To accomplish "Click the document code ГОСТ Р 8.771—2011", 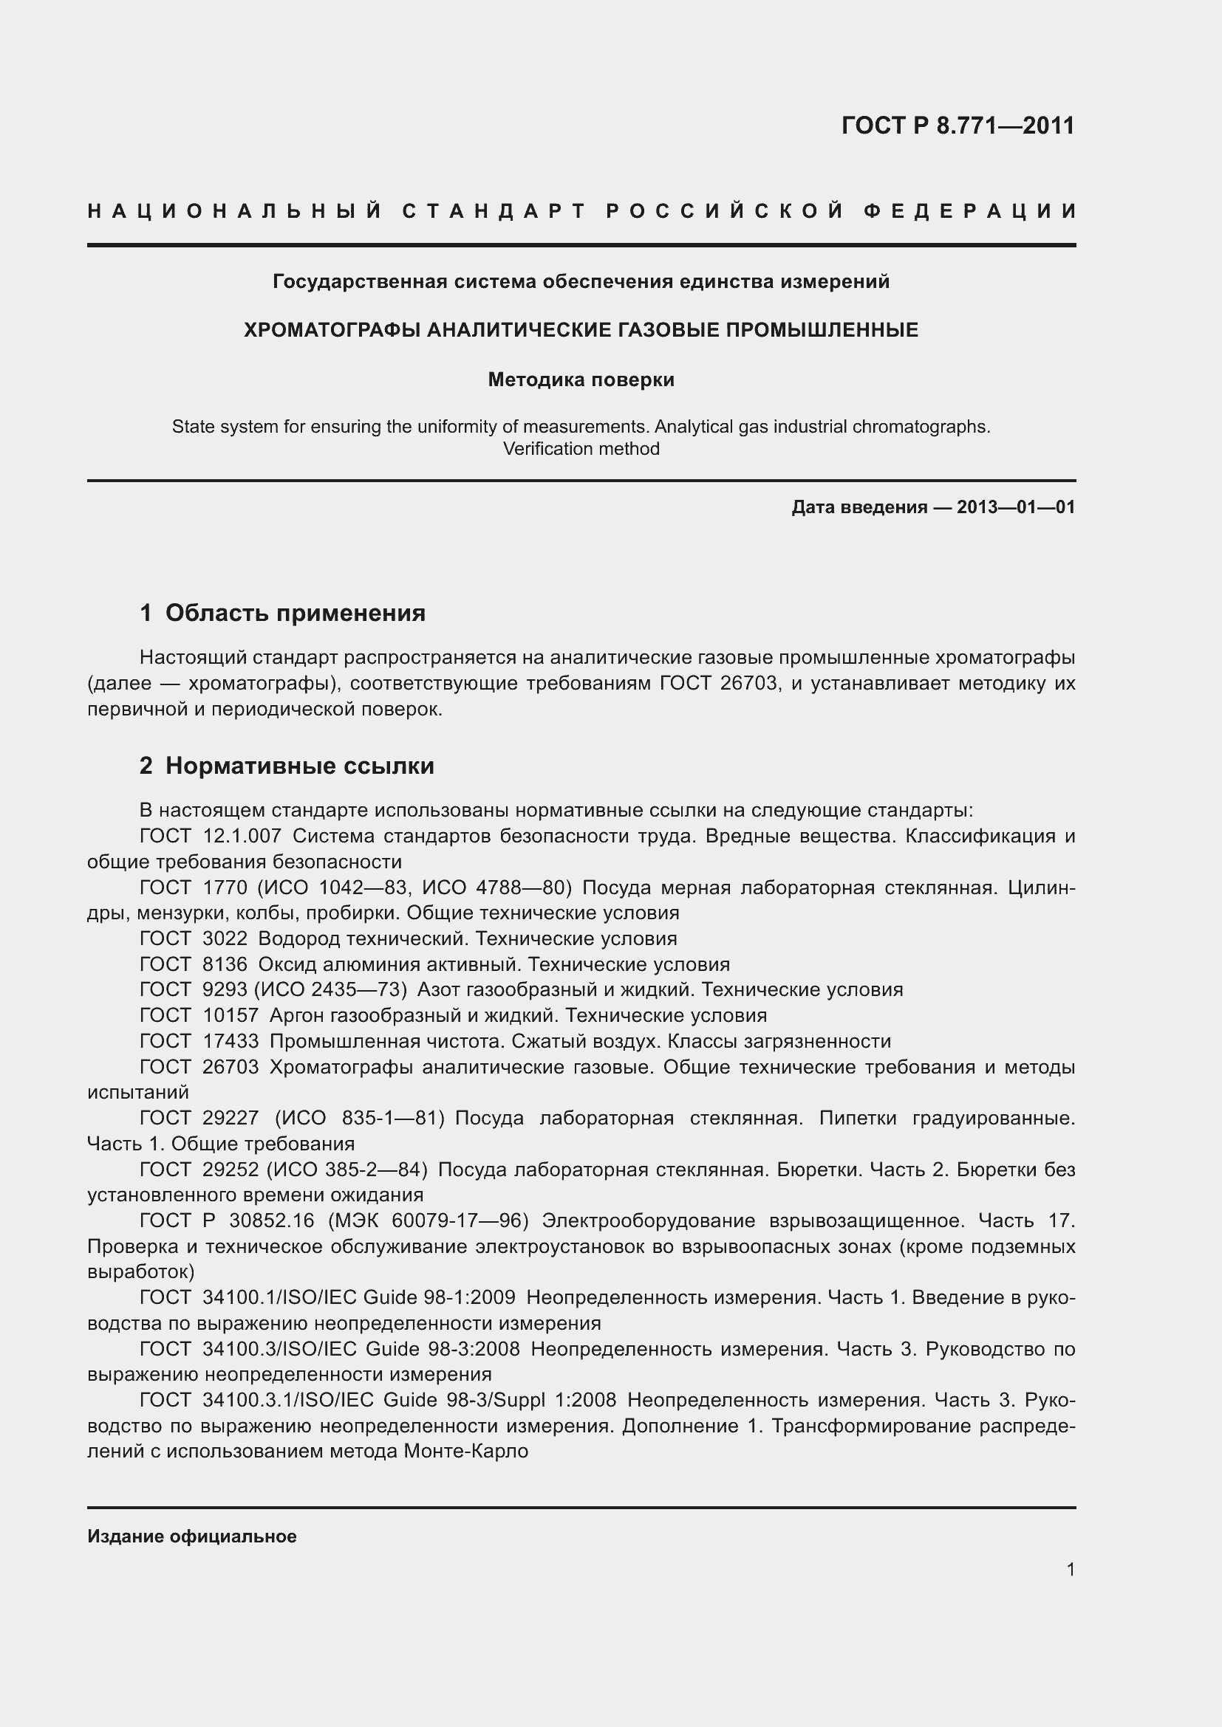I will (x=957, y=125).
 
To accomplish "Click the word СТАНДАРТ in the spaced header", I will (x=494, y=211).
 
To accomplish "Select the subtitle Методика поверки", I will (x=581, y=380).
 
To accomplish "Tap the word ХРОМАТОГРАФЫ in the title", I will (x=332, y=330).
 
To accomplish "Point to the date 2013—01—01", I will (x=1016, y=507).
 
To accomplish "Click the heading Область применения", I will (x=295, y=613).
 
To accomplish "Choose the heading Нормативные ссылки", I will (x=299, y=766).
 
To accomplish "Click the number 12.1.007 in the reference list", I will (x=242, y=836).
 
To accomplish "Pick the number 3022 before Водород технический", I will (x=225, y=938).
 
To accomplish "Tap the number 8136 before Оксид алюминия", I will (x=225, y=964).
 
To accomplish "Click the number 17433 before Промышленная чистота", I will (x=231, y=1041).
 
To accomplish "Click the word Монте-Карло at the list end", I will (x=465, y=1451).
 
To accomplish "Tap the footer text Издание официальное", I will (x=192, y=1536).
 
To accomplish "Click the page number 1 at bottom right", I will (x=1070, y=1569).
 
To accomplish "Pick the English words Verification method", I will (x=581, y=449).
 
